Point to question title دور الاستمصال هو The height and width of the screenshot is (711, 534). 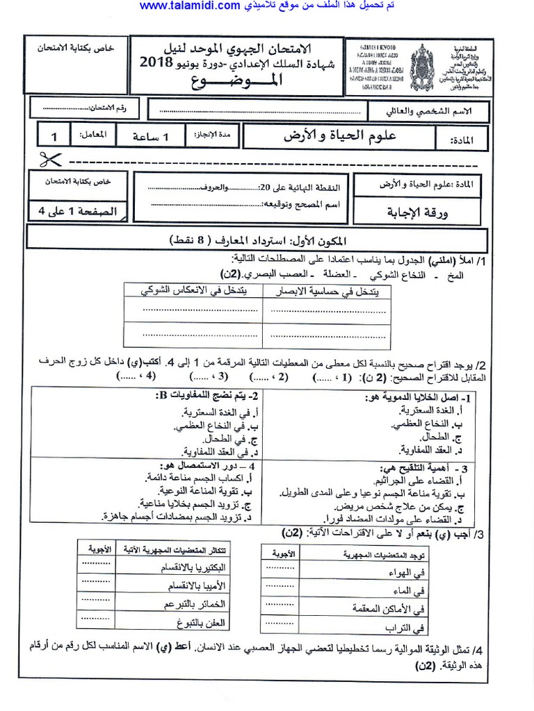tap(202, 466)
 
